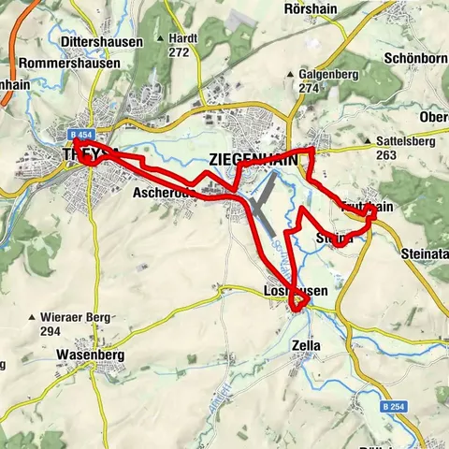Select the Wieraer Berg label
[69, 318]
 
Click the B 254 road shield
[394, 408]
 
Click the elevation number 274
[310, 87]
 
